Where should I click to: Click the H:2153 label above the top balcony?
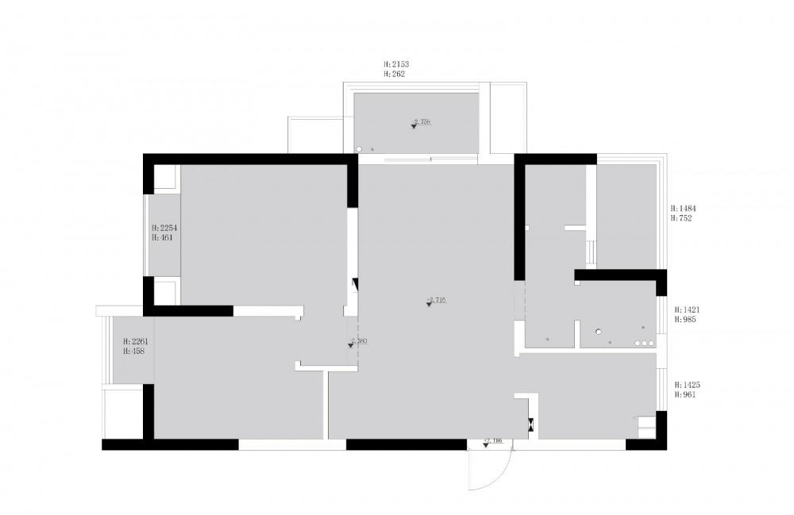click(395, 63)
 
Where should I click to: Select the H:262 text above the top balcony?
click(394, 74)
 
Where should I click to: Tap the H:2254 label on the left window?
click(163, 227)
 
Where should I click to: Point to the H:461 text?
click(161, 237)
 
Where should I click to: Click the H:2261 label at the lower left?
click(136, 341)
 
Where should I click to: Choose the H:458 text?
click(134, 351)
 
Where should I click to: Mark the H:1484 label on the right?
click(683, 208)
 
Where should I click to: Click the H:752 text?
click(681, 217)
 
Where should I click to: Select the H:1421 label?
click(687, 309)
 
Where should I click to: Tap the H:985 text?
click(685, 320)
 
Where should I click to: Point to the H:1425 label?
click(687, 384)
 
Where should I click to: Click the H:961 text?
click(685, 394)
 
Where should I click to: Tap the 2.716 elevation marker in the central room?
click(435, 302)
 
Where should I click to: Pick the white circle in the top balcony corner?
click(359, 148)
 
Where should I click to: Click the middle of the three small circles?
click(644, 344)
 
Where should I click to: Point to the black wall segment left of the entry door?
click(405, 444)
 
